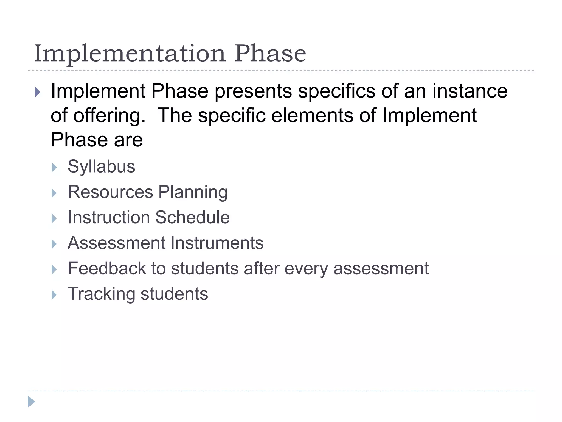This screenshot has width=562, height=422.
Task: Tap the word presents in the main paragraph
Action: coord(253,91)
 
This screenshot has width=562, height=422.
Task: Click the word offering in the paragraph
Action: coord(109,116)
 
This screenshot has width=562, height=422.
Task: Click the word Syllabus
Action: coord(101,166)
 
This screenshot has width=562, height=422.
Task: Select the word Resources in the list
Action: coord(110,192)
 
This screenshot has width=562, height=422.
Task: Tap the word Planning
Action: coord(193,192)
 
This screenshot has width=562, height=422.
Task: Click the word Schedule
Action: coord(192,217)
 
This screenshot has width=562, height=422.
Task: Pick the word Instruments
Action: coord(217,243)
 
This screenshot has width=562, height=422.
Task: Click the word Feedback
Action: coord(107,268)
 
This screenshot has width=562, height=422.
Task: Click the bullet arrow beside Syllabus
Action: coord(54,167)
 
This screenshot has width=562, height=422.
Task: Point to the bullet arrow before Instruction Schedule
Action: coord(54,218)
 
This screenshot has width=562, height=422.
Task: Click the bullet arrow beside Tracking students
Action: coord(54,295)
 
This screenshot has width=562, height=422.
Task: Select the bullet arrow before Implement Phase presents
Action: coord(38,92)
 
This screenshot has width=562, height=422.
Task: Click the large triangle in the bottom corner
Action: coord(31,402)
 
